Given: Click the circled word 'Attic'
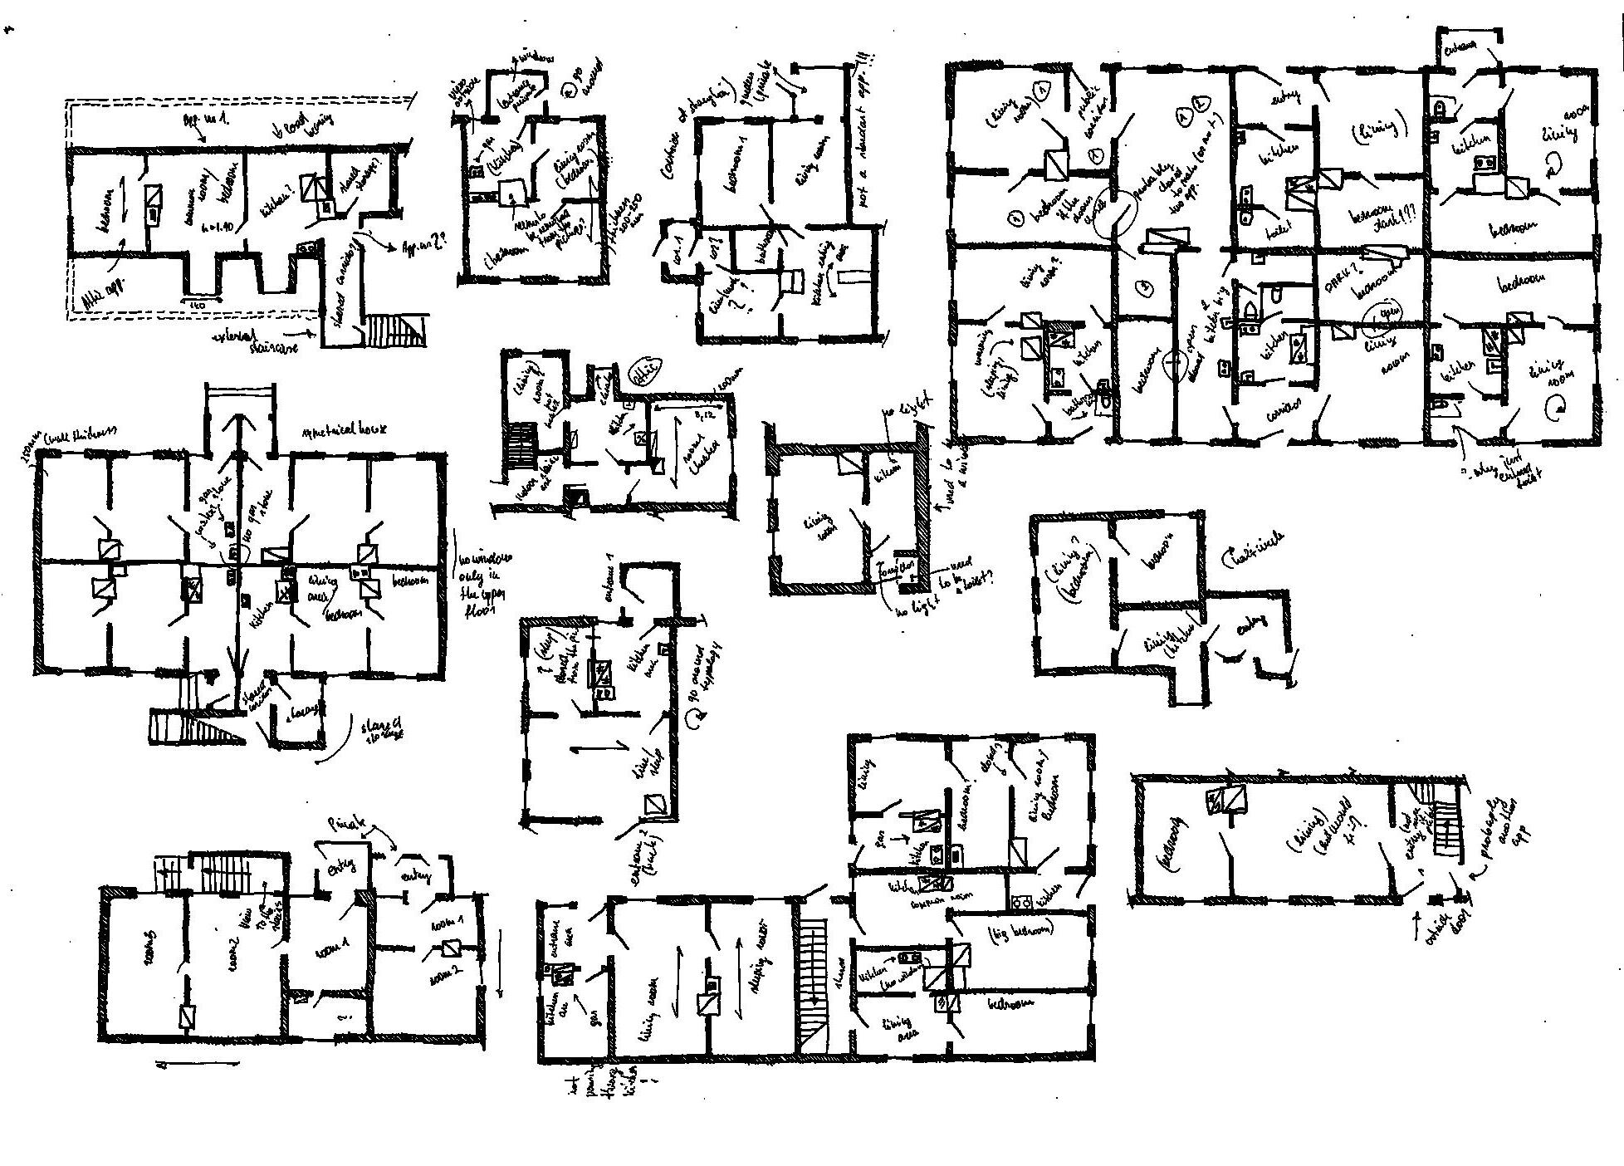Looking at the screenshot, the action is tap(647, 370).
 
